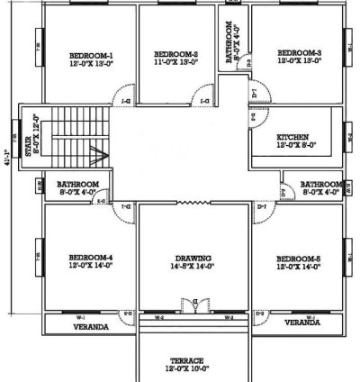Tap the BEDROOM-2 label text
coord(175,54)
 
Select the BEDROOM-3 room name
coord(299,53)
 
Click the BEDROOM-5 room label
coord(299,259)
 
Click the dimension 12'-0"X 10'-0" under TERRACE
coord(190,368)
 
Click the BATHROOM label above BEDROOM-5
coord(320,182)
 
